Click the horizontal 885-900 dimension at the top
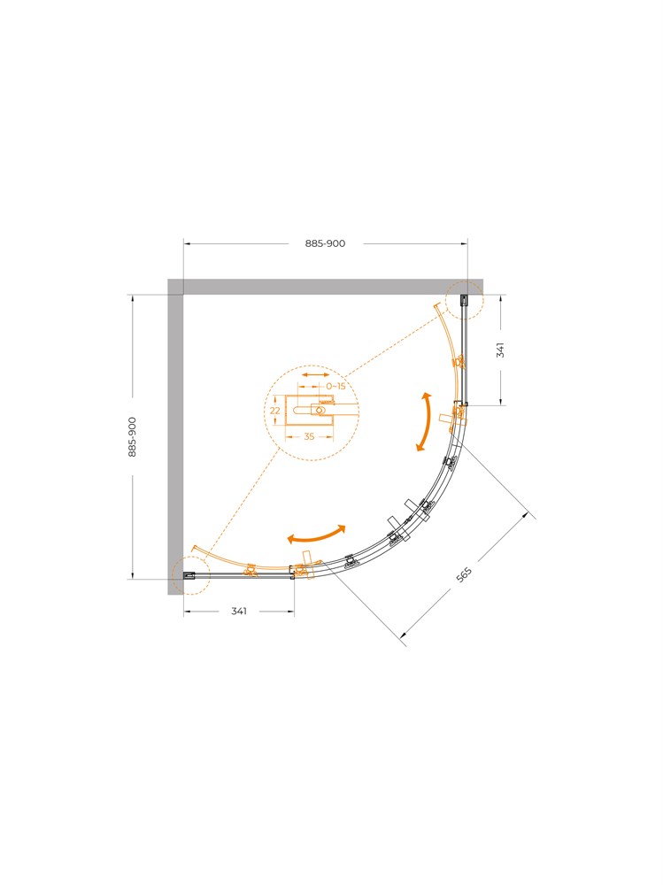(325, 243)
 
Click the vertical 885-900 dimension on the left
(132, 437)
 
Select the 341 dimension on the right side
(500, 350)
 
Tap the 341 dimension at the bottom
(239, 611)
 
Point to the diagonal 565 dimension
(464, 574)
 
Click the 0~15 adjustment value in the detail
(335, 386)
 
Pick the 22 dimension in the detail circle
(275, 411)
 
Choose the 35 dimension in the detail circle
(309, 436)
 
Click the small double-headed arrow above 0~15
(315, 374)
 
